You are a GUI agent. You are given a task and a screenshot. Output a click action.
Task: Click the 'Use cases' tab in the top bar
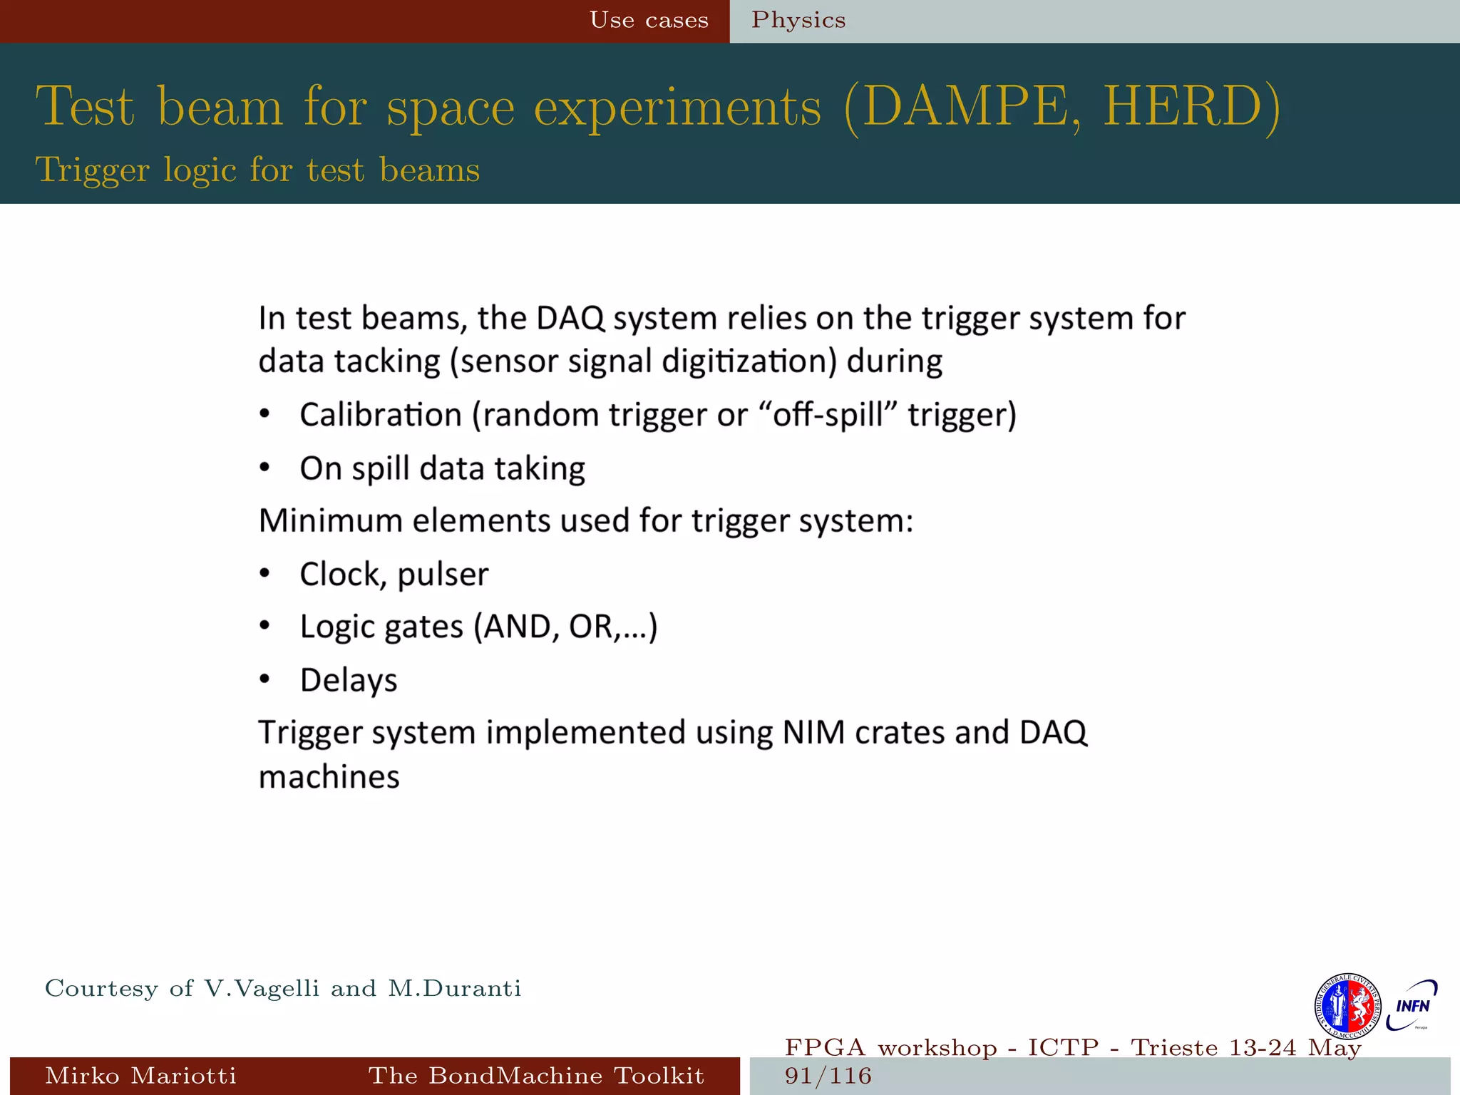649,21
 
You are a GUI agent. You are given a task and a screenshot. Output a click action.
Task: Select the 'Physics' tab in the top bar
798,21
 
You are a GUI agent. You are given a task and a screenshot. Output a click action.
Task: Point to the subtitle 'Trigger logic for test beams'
257,170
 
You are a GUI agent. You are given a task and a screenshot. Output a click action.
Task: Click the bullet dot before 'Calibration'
264,414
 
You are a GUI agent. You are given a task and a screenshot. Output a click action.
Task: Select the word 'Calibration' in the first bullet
380,415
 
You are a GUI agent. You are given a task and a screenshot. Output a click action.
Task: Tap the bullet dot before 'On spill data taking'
264,468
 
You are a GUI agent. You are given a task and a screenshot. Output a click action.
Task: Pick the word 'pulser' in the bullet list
443,575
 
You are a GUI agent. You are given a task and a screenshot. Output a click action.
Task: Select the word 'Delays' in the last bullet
349,680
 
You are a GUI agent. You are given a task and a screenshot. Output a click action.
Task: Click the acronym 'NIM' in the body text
813,733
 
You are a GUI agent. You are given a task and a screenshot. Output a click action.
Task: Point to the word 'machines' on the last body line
329,777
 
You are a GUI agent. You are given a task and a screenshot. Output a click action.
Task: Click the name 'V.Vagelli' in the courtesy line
262,989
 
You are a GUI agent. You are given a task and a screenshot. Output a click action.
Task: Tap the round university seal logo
1347,1006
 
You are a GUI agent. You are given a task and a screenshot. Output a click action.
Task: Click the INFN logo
1412,1005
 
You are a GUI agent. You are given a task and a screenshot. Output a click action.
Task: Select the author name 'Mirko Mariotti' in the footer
140,1076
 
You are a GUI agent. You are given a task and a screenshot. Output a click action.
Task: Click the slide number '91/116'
828,1076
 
